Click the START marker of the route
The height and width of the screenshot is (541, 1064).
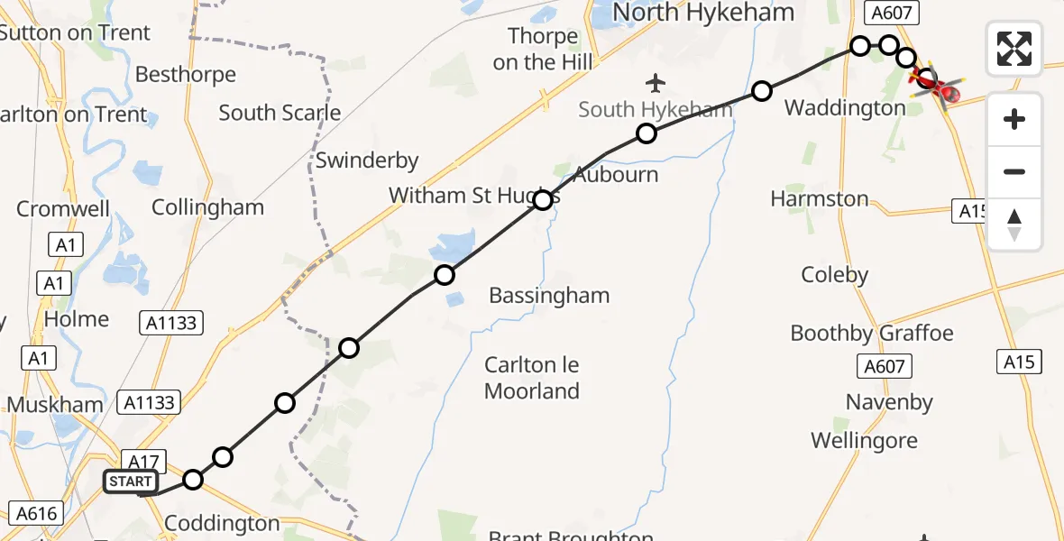(131, 481)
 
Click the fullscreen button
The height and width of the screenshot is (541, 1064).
(1014, 49)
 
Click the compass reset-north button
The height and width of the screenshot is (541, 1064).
(1014, 225)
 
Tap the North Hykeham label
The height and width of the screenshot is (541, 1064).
(703, 13)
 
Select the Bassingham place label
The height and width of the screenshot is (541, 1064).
(549, 296)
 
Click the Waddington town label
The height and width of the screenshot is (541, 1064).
(845, 108)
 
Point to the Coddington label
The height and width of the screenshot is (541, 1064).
(221, 524)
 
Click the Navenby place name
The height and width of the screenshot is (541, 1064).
(889, 402)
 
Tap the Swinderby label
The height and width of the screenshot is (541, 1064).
(367, 161)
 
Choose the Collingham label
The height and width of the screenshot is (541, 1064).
(207, 207)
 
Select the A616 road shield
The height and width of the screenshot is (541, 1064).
(36, 515)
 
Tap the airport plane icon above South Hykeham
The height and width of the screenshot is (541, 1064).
(656, 84)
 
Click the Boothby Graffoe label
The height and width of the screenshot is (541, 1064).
(871, 334)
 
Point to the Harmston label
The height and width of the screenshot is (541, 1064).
(820, 199)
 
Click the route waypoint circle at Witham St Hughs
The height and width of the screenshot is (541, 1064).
(543, 200)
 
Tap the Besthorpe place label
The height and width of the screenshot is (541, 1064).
(186, 75)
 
